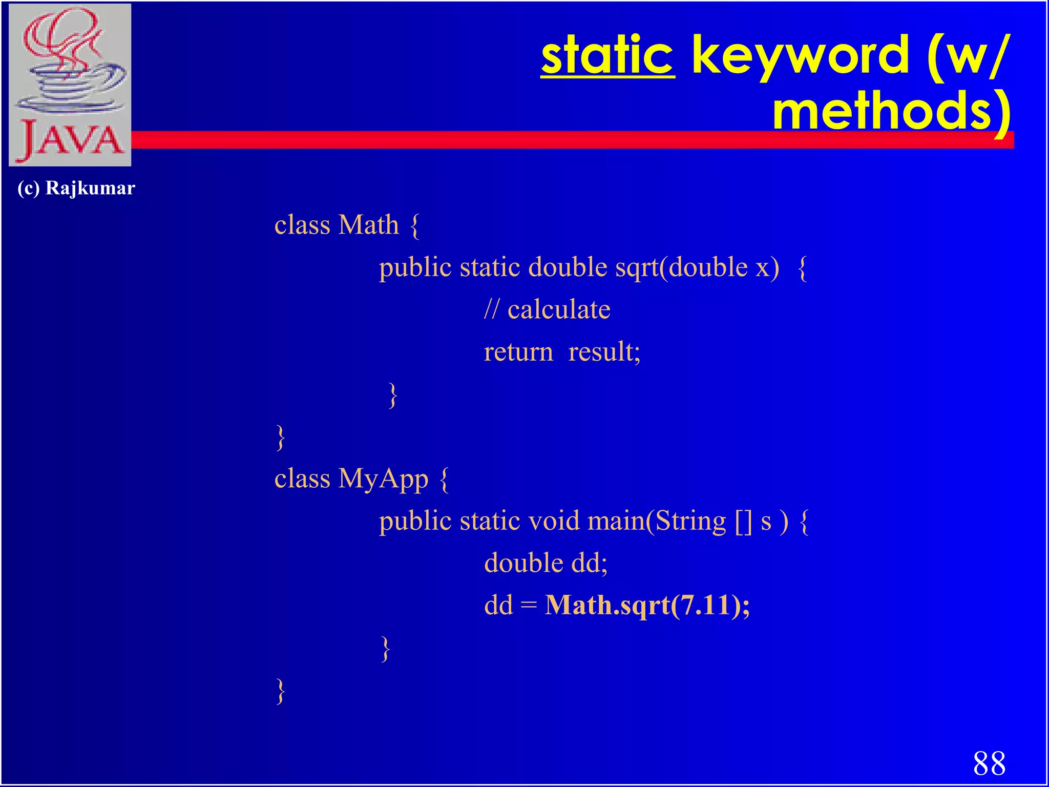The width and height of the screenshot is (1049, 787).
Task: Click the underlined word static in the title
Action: pyautogui.click(x=607, y=55)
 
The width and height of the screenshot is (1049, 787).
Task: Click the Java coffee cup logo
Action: pyautogui.click(x=70, y=85)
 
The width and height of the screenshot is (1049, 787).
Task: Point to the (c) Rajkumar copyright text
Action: pyautogui.click(x=76, y=188)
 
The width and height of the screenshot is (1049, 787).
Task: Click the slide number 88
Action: pyautogui.click(x=989, y=764)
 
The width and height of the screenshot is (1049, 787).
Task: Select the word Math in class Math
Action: pyautogui.click(x=368, y=225)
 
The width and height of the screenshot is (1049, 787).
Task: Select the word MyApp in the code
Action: pyautogui.click(x=383, y=480)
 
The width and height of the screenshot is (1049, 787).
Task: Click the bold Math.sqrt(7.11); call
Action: pyautogui.click(x=647, y=606)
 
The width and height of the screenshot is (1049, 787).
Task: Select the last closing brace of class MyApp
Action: pyautogui.click(x=280, y=692)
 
